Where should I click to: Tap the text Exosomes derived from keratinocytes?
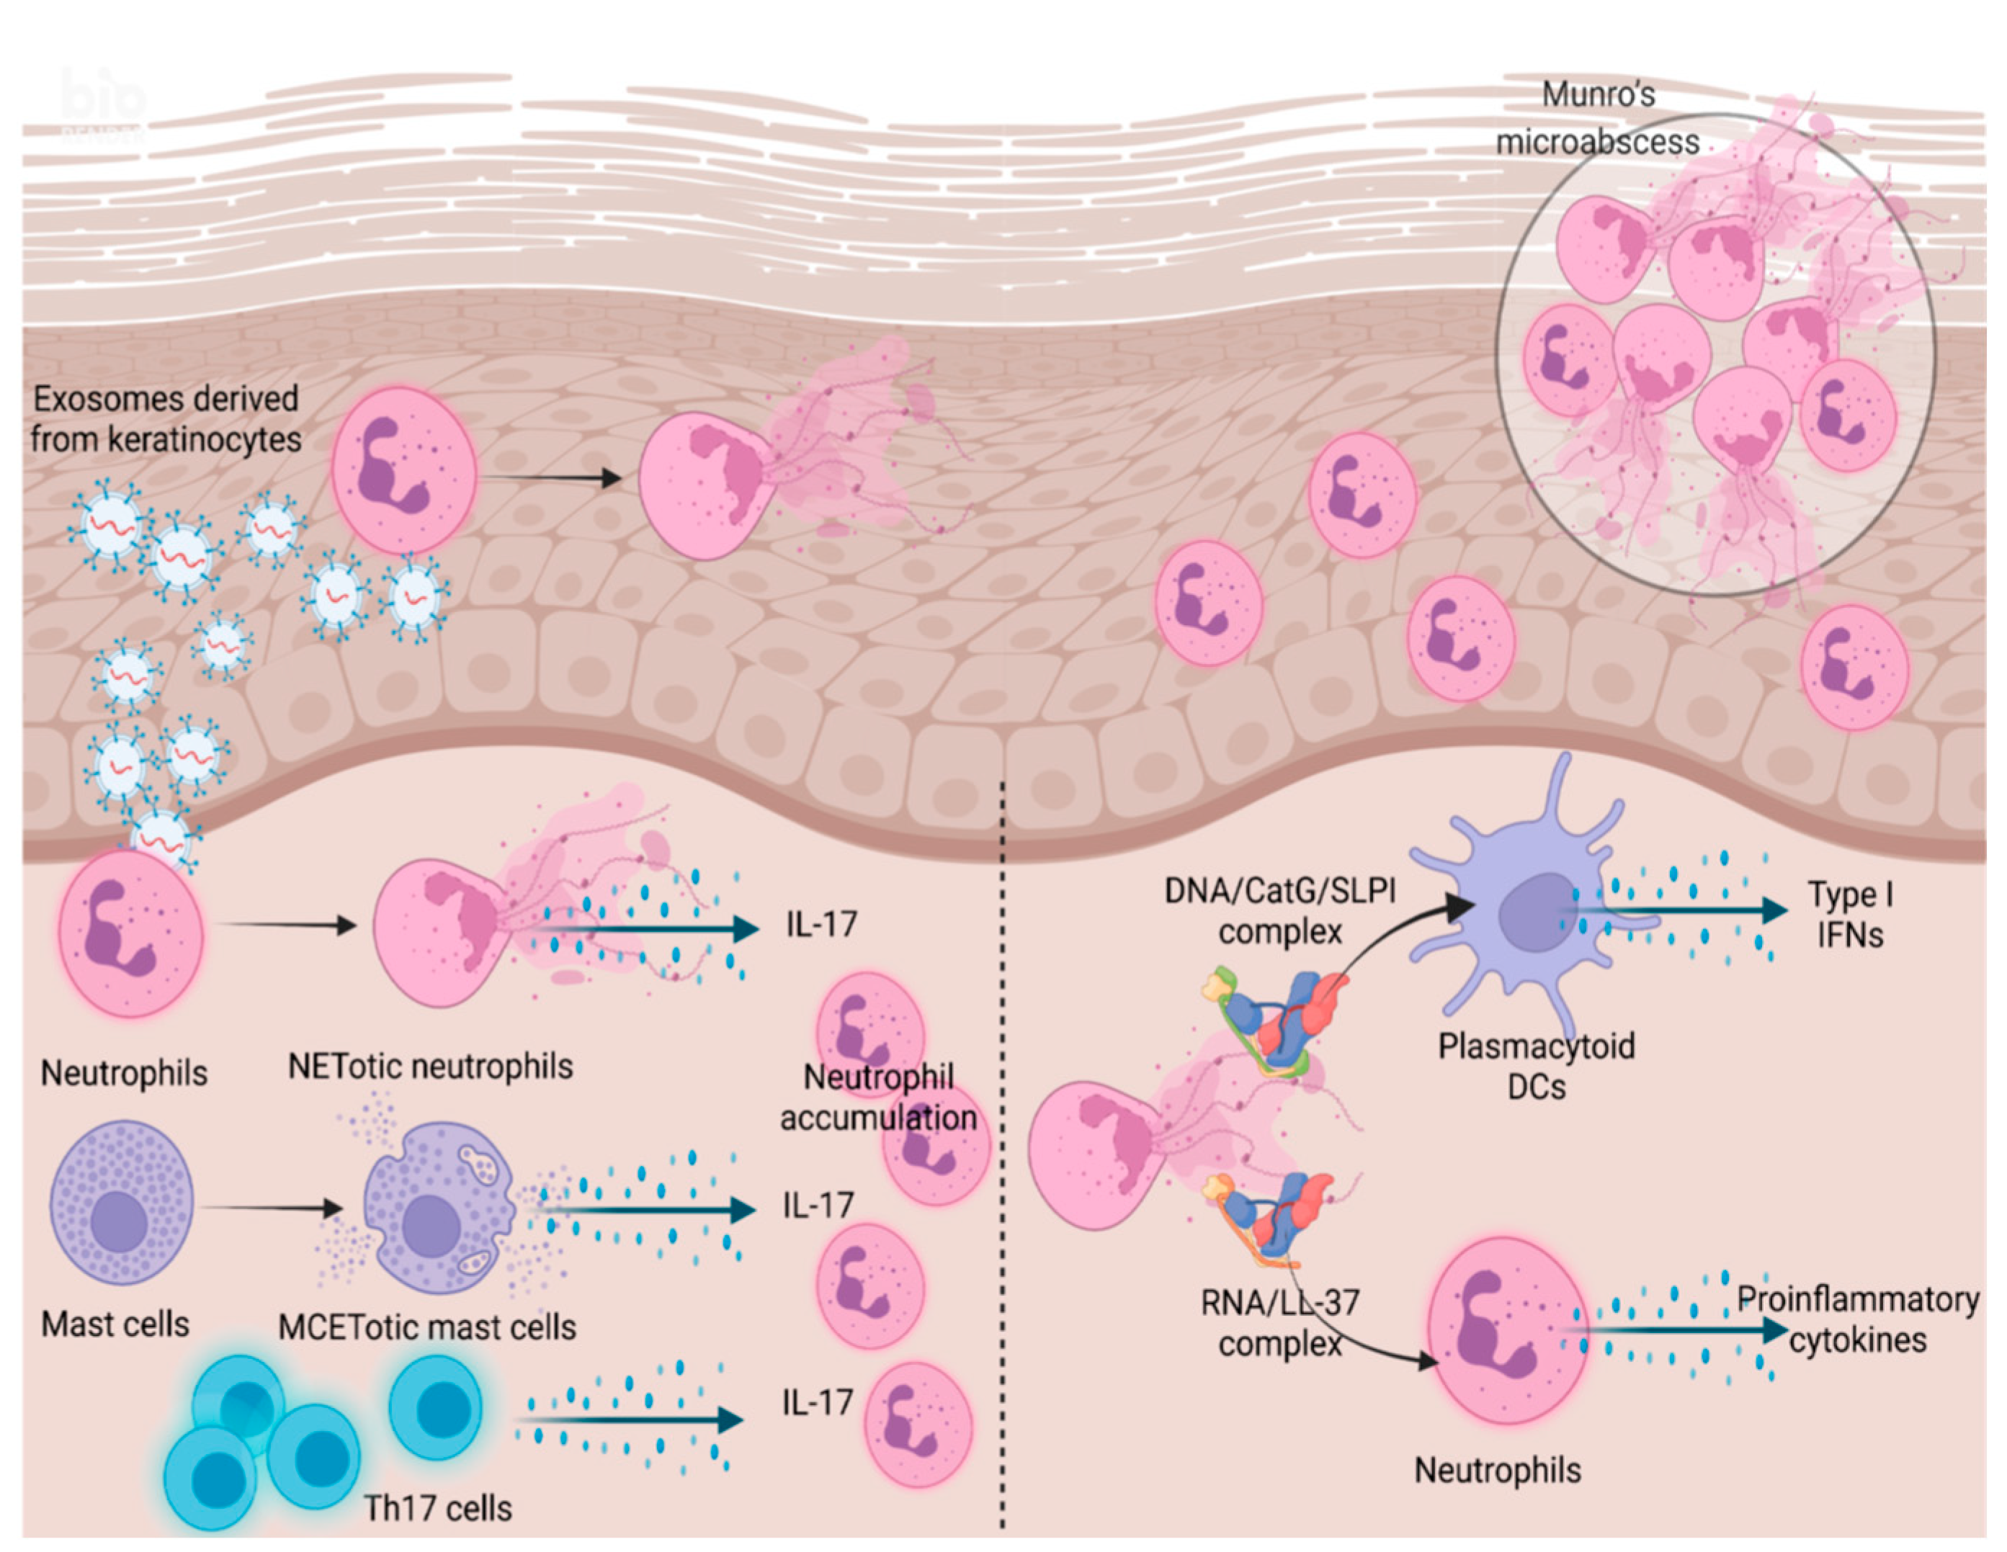click(166, 419)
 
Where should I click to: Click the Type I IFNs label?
click(1849, 915)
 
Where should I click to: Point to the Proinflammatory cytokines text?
click(1856, 1319)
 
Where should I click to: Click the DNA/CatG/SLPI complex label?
click(1279, 910)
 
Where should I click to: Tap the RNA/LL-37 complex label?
click(1279, 1323)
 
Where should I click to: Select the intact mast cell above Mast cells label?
click(121, 1202)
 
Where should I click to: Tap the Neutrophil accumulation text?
click(877, 1097)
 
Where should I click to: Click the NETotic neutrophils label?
click(430, 1067)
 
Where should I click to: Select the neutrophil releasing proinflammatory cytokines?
click(1507, 1329)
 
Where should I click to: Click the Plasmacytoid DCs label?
click(1536, 1066)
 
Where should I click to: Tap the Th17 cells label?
click(437, 1508)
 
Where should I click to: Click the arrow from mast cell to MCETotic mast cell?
click(271, 1208)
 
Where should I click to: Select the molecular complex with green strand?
click(1273, 1020)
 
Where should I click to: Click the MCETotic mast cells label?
click(427, 1327)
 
